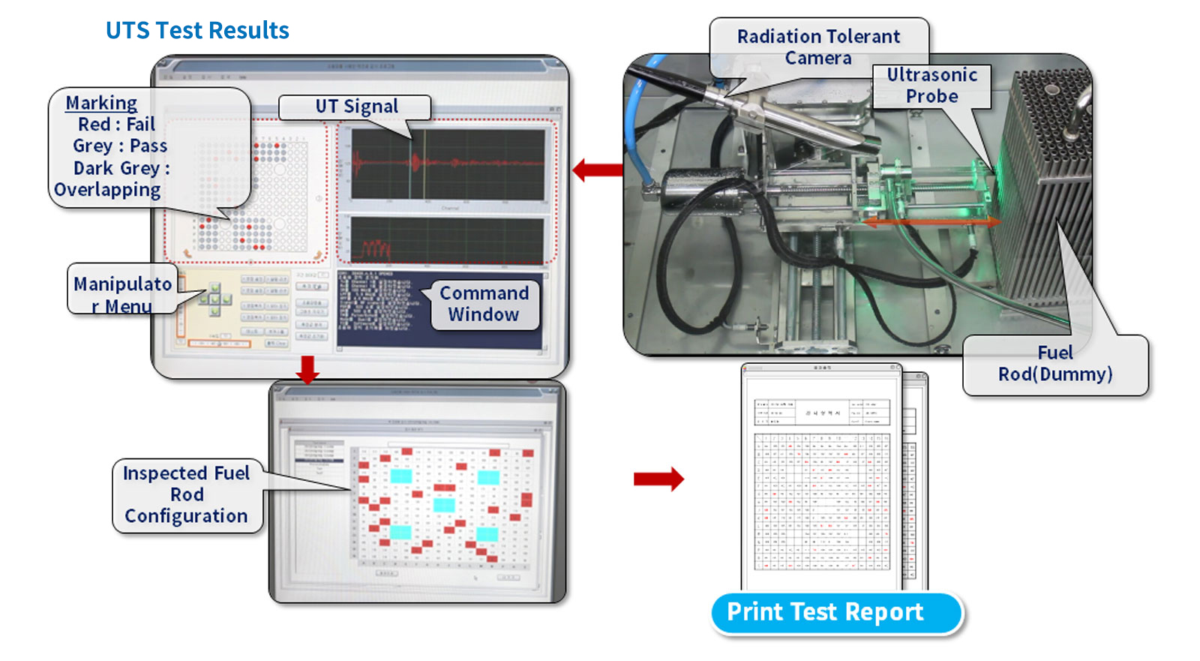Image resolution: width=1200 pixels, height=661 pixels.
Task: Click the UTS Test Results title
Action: click(x=197, y=31)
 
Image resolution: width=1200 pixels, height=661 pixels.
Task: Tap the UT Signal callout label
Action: click(x=355, y=107)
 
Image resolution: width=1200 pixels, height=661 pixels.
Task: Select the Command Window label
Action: click(x=484, y=304)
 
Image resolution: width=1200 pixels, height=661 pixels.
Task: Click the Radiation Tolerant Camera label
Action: click(x=818, y=47)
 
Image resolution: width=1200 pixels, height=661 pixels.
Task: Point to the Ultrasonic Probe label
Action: click(x=931, y=86)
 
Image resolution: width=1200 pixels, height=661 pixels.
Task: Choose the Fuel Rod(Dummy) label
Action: click(x=1054, y=364)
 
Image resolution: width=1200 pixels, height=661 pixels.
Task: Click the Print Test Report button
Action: click(x=825, y=612)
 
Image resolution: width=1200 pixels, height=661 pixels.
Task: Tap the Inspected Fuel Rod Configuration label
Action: click(x=186, y=494)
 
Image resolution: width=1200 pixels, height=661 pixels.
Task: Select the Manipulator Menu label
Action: click(x=122, y=294)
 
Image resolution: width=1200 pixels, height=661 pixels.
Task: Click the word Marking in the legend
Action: click(x=101, y=103)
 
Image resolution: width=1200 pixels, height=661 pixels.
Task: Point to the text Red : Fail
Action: click(x=116, y=125)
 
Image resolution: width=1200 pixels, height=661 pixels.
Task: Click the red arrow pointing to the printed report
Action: click(x=658, y=479)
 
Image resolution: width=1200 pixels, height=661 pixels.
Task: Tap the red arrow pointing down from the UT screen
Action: click(x=307, y=369)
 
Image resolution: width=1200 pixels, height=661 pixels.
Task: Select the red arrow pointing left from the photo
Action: click(x=597, y=170)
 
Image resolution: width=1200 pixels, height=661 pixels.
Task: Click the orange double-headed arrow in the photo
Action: click(x=930, y=222)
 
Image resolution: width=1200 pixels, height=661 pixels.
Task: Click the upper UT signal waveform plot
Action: click(x=448, y=164)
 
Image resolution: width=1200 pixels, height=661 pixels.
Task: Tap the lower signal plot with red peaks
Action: click(x=448, y=240)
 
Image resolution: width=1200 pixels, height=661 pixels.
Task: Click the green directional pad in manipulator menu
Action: click(x=214, y=299)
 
